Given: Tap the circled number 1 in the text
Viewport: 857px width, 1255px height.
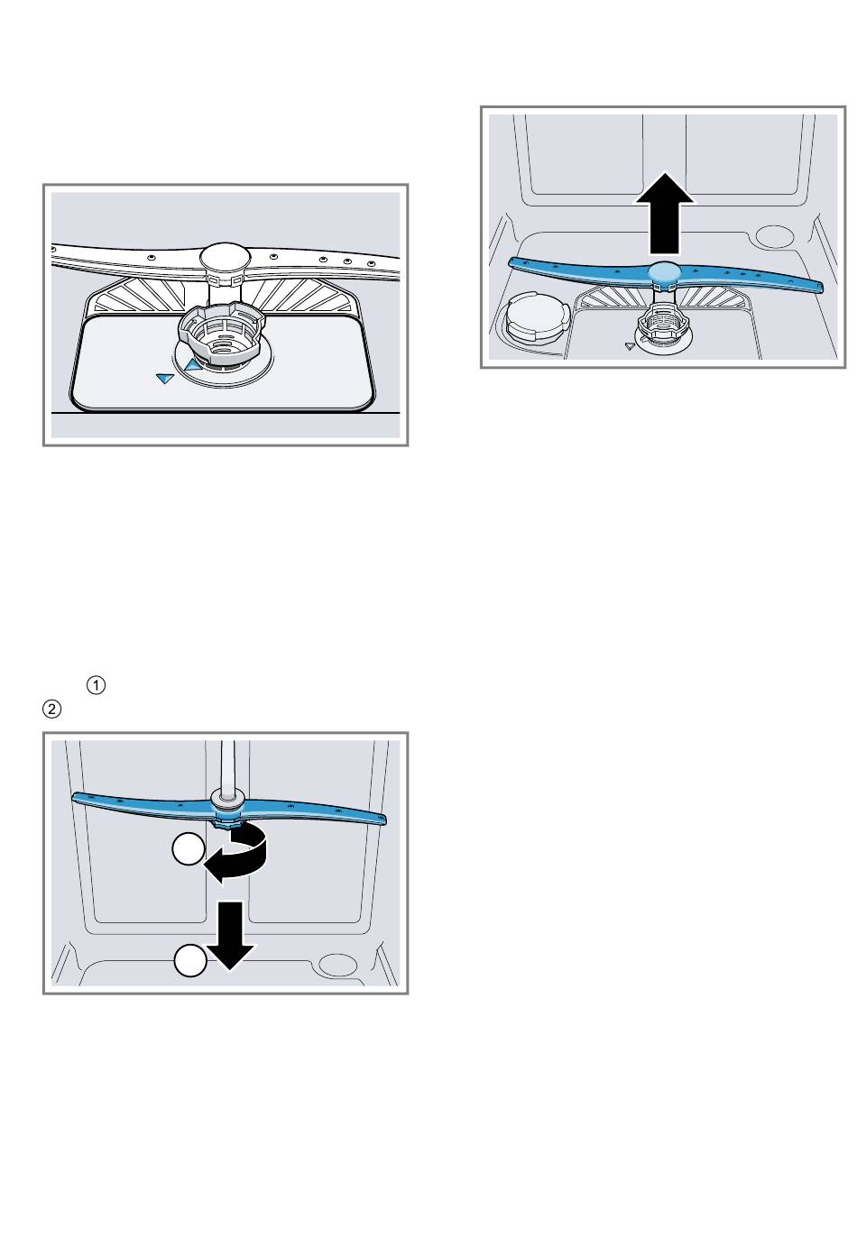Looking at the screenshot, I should pyautogui.click(x=97, y=685).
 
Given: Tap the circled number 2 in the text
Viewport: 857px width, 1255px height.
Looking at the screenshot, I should pyautogui.click(x=51, y=710).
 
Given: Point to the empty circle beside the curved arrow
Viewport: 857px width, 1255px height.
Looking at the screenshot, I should pyautogui.click(x=189, y=849).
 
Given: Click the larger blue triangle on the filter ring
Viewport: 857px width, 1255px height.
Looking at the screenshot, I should pyautogui.click(x=192, y=364).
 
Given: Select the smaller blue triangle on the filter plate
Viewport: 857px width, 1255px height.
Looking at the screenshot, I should pyautogui.click(x=164, y=380).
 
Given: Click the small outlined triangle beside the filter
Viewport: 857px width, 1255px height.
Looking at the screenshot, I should pyautogui.click(x=630, y=345).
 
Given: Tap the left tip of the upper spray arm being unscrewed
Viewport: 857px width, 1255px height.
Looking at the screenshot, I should pyautogui.click(x=77, y=796).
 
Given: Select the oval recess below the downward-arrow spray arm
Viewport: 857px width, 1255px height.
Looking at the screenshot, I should pyautogui.click(x=340, y=964).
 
